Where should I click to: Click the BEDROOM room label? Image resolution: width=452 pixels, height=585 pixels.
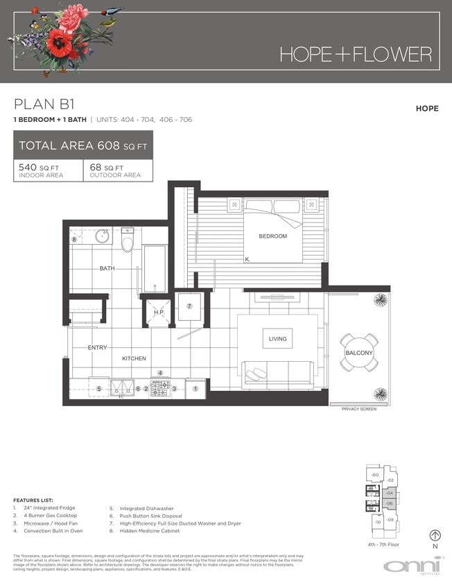click(272, 236)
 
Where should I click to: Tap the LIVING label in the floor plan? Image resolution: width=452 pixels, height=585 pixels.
click(278, 339)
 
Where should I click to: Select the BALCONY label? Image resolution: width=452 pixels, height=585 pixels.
click(359, 353)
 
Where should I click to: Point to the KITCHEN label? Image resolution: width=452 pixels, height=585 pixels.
click(134, 358)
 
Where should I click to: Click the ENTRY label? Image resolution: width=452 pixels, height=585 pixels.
click(96, 347)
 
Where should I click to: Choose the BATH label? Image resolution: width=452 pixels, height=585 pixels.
click(107, 268)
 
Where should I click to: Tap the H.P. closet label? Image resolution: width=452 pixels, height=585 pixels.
click(159, 313)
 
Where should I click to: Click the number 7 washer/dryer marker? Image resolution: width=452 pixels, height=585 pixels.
click(189, 306)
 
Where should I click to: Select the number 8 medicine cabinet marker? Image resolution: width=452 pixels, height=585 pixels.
click(74, 240)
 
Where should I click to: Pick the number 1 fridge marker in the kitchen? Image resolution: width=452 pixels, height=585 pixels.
click(195, 389)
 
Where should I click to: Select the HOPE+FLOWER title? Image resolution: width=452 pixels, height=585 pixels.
click(356, 54)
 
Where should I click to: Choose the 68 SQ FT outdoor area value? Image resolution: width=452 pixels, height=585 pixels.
click(108, 168)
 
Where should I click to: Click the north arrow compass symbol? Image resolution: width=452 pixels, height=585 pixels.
click(435, 535)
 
